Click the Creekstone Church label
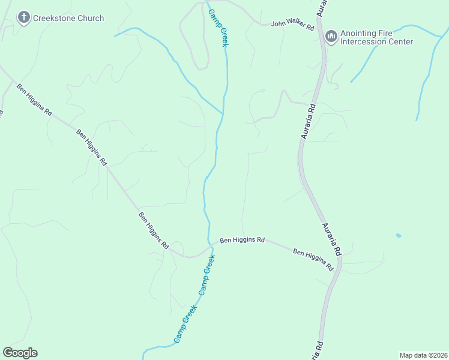(x=68, y=18)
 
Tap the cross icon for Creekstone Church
(x=24, y=18)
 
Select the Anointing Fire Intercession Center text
(x=377, y=37)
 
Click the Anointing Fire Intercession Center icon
(x=331, y=37)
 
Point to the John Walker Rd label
(x=292, y=26)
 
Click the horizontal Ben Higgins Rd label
(x=242, y=240)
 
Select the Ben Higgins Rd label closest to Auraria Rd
(x=313, y=260)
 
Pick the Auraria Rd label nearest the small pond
(x=331, y=238)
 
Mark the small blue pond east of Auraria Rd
(x=399, y=235)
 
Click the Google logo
(x=20, y=353)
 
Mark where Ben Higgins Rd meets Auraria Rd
(x=340, y=263)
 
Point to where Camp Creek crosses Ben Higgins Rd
(x=212, y=245)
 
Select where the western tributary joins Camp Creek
(x=223, y=113)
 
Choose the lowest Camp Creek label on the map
(x=185, y=324)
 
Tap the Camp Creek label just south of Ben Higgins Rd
(x=206, y=275)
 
